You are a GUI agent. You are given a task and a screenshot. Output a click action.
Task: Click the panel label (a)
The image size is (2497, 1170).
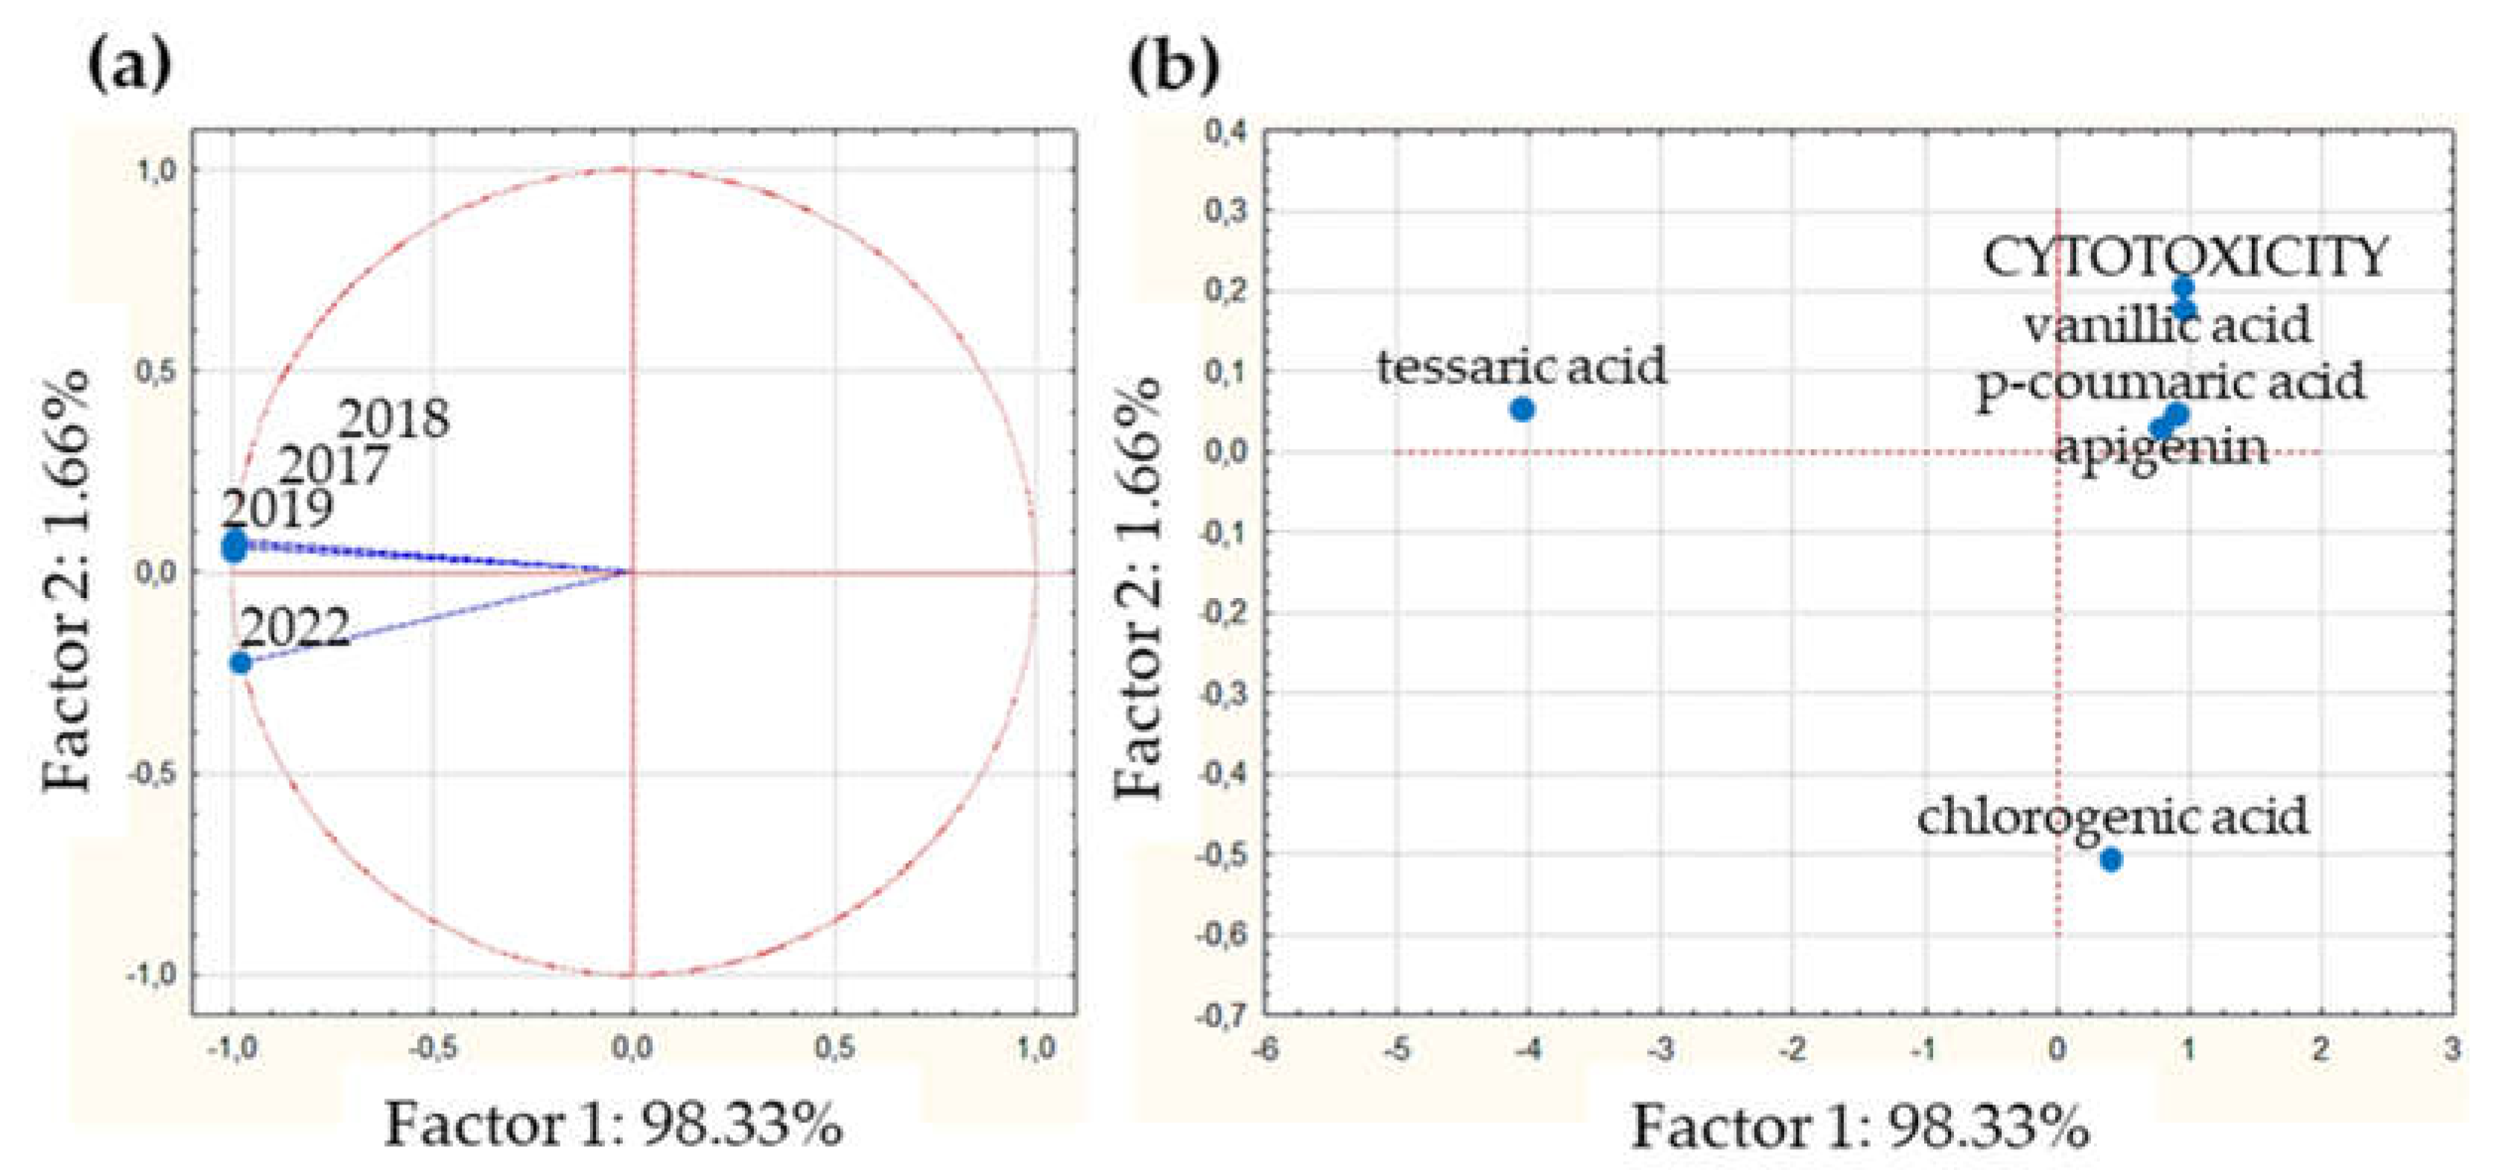point(129,66)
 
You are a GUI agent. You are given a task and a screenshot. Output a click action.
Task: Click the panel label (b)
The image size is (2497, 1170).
point(1174,66)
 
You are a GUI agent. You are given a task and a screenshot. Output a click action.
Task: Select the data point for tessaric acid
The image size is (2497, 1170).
point(1522,409)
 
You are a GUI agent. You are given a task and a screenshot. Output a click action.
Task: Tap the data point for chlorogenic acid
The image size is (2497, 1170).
point(2110,859)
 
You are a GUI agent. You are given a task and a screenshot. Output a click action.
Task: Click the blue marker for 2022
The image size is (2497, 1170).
point(241,663)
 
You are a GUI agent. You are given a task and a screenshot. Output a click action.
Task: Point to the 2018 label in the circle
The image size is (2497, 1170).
point(393,419)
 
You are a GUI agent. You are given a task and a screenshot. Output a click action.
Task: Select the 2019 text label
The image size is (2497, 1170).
point(277,508)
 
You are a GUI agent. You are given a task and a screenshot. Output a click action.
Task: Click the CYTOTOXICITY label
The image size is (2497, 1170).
point(2184,257)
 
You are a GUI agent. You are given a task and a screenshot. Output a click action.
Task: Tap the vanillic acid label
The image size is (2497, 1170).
point(2168,324)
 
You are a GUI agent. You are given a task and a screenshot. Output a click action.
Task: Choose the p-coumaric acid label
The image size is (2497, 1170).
point(2170,381)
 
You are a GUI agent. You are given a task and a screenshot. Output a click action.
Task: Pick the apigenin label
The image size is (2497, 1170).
point(2160,448)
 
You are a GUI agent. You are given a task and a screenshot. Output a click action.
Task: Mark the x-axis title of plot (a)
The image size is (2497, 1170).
point(614,1125)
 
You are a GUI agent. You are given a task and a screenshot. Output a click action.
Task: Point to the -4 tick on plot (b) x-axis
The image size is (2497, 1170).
point(1528,1050)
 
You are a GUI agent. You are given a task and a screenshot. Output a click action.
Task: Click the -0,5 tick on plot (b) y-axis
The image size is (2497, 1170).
point(1223,855)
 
